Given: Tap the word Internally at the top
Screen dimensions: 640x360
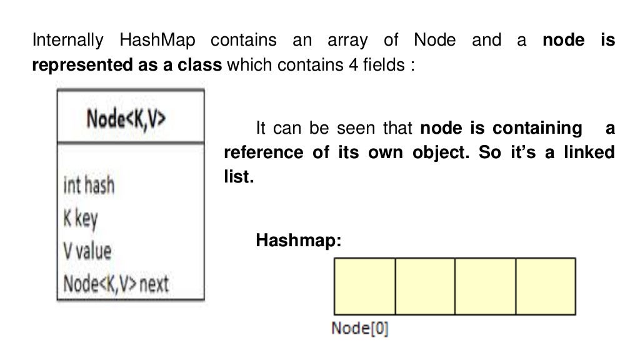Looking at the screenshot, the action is point(67,41).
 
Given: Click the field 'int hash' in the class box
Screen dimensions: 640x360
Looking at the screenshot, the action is point(89,185).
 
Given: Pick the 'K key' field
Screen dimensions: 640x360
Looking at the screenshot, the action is point(81,218).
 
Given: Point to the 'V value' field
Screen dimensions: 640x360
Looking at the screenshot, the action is point(87,251).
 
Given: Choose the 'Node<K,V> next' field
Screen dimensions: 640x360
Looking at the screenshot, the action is point(116,284).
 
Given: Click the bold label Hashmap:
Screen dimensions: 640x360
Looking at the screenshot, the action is point(299,240).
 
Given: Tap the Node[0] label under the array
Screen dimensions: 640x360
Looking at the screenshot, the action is point(360,328).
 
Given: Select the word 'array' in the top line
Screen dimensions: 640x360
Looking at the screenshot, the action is point(344,41).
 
